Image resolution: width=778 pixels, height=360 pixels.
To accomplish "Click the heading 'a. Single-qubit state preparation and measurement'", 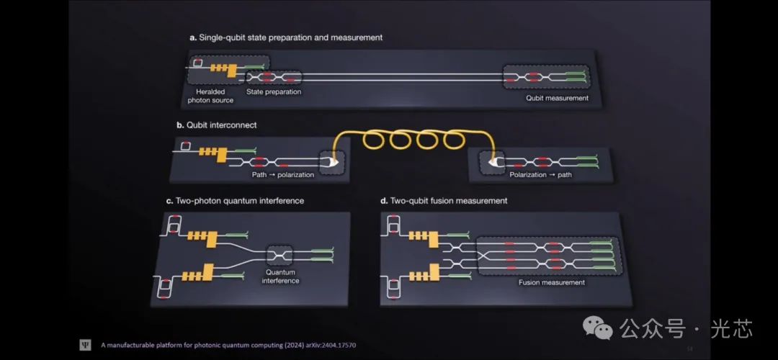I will pos(285,37).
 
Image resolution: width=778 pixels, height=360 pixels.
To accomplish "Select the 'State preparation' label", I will pos(274,92).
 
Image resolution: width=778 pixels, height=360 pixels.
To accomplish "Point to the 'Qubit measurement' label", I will pos(557,98).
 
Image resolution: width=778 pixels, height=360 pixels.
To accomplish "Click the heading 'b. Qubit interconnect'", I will pos(216,125).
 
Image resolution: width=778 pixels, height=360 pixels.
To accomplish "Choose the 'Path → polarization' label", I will pos(282,175).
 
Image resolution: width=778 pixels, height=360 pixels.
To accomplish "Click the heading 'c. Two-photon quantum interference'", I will pos(239,201).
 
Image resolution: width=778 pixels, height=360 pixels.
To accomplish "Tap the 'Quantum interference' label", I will pos(281,276).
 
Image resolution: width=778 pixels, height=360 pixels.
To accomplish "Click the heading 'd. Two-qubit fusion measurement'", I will pos(444,201).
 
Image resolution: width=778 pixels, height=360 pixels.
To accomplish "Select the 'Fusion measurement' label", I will pos(552,282).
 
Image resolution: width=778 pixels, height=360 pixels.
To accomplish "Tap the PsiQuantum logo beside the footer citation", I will pos(85,345).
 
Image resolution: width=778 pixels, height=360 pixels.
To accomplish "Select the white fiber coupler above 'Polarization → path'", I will pos(496,163).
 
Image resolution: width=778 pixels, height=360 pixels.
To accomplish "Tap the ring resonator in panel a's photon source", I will pos(197,65).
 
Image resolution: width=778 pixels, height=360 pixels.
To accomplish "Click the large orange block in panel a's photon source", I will pos(232,70).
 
